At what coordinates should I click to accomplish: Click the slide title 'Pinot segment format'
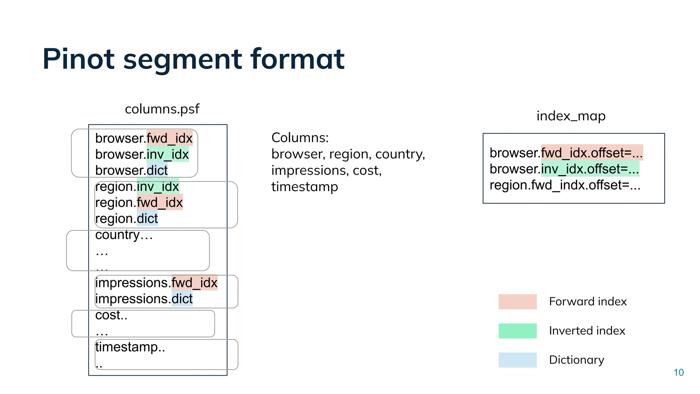193,59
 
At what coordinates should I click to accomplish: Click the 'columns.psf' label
162,109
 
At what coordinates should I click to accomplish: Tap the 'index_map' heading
571,116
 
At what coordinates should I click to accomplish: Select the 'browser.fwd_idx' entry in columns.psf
144,139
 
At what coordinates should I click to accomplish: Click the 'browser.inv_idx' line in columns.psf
142,155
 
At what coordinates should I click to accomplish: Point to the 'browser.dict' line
132,170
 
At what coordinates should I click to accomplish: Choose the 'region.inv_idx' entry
137,187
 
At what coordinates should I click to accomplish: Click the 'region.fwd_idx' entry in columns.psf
139,202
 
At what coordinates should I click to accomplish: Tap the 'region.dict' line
126,219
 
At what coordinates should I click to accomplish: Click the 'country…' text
124,235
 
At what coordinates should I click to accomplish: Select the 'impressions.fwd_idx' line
156,283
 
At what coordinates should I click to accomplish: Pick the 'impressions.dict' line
144,299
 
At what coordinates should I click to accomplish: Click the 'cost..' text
111,315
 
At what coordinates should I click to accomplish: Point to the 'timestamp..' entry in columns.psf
130,347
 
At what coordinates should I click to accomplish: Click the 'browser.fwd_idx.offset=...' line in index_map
566,153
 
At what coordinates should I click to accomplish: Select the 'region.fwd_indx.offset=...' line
565,185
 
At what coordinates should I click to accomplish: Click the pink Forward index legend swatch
517,302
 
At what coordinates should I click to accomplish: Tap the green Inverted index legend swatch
517,331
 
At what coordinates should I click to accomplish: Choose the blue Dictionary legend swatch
517,360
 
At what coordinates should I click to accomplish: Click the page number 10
678,372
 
